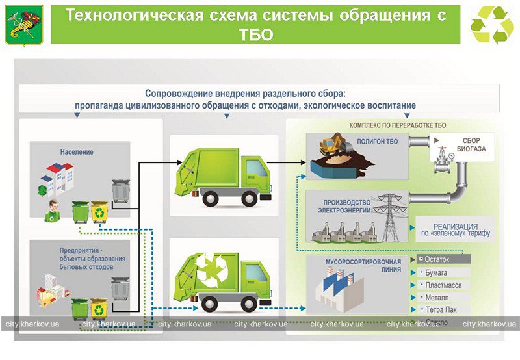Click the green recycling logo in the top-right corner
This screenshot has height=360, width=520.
coord(492,25)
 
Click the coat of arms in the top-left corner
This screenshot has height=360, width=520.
coord(24,25)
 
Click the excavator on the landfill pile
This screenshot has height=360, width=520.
coord(335,144)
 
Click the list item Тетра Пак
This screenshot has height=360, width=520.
coord(441,310)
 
